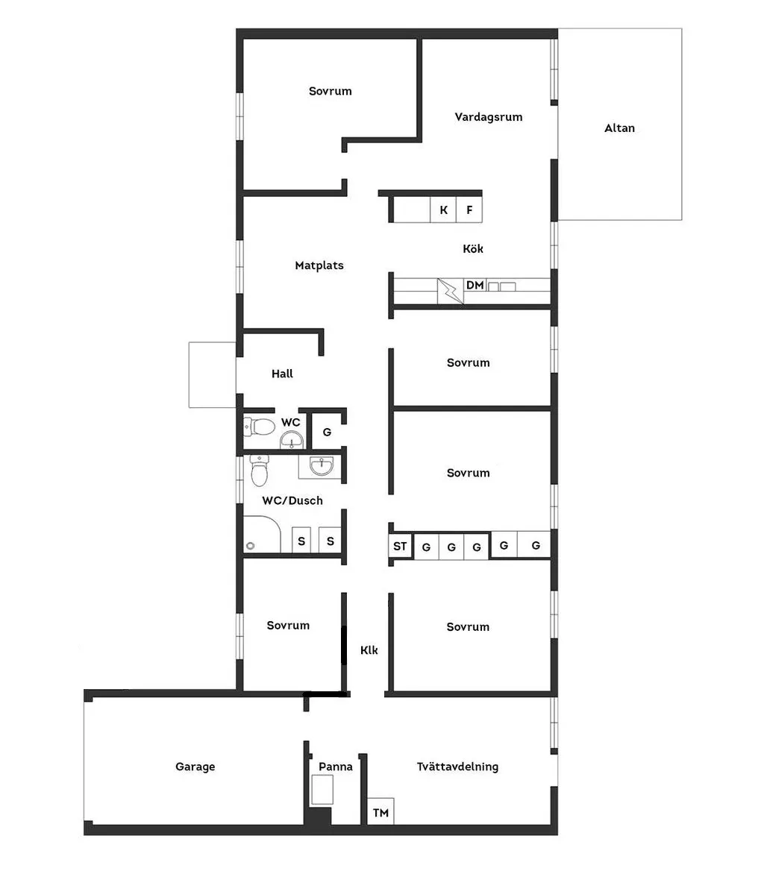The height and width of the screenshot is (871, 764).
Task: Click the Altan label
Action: point(619,128)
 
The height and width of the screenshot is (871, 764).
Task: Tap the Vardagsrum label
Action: point(489,117)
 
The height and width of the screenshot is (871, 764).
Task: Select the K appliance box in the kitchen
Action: point(444,210)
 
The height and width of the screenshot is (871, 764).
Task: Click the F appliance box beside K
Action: point(469,210)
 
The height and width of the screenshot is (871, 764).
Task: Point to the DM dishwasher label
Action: point(475,285)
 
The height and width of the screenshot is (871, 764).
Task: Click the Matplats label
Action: point(319,265)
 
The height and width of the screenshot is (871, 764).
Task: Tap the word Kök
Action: point(473,248)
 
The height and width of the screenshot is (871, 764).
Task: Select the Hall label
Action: point(282,374)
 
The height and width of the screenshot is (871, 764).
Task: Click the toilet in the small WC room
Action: point(260,427)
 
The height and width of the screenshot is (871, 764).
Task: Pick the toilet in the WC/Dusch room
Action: point(260,471)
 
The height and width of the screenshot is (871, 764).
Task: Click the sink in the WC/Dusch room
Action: point(322,466)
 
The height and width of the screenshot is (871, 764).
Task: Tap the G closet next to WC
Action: point(327,433)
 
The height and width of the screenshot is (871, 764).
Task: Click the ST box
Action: point(400,546)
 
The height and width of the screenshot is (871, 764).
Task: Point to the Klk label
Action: point(369,650)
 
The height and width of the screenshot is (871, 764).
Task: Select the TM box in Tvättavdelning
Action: point(381,812)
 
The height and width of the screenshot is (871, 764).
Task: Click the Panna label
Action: point(336,767)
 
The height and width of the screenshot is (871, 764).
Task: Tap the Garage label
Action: point(195,767)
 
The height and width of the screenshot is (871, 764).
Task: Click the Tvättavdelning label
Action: point(457,767)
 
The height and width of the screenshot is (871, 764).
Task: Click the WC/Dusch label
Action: point(292,500)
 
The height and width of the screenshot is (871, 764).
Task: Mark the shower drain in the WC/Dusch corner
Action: point(249,545)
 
